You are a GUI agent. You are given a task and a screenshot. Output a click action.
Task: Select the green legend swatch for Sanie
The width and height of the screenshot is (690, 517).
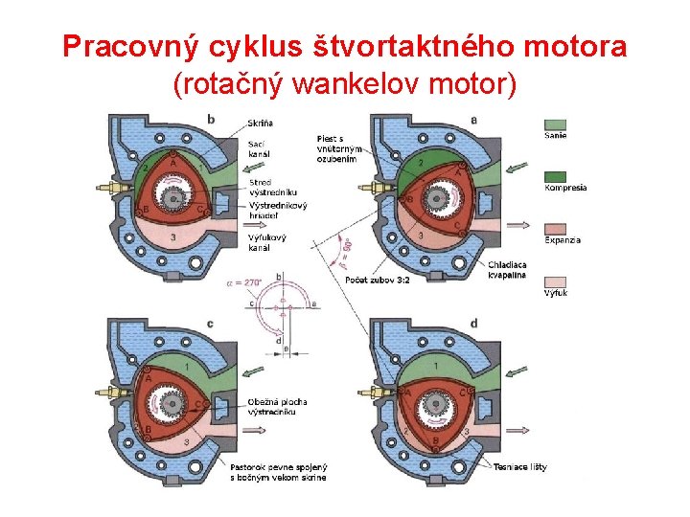[556, 124]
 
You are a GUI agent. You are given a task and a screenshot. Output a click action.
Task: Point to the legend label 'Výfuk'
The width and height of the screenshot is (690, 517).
[556, 292]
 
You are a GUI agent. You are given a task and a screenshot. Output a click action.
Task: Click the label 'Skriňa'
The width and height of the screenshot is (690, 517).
[260, 124]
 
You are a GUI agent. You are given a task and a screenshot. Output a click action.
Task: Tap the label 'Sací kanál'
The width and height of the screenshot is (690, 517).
[260, 148]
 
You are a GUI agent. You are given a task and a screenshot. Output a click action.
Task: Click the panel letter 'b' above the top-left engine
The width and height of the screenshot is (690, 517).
[211, 119]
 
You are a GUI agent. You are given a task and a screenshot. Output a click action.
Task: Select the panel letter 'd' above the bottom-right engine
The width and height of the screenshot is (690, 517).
[473, 325]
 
